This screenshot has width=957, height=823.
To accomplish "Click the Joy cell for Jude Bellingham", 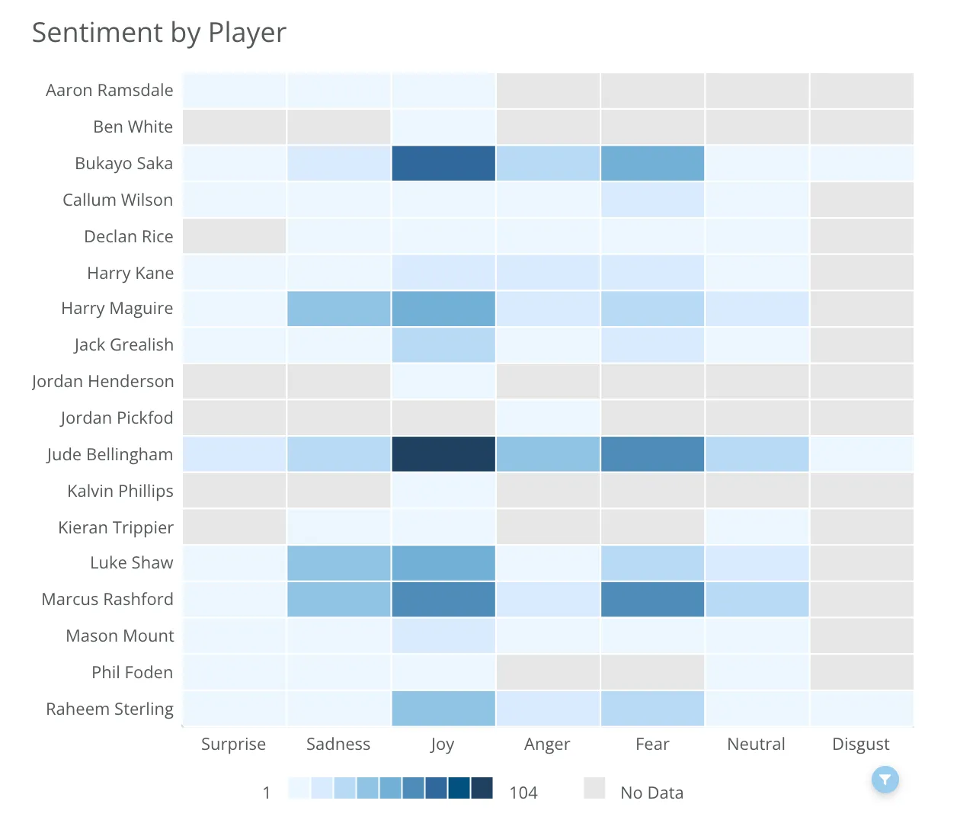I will (443, 454).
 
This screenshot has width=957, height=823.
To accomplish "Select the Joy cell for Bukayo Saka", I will (443, 163).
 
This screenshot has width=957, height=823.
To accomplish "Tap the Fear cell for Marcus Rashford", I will (652, 599).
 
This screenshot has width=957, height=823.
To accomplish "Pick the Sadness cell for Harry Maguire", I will (339, 309).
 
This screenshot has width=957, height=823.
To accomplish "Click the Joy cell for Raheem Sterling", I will (443, 709).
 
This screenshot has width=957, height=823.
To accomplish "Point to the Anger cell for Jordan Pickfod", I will (548, 418).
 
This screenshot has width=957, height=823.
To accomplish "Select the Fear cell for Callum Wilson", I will (652, 200).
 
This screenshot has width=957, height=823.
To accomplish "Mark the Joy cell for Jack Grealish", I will (443, 345).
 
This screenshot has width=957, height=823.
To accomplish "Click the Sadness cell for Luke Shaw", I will (339, 563).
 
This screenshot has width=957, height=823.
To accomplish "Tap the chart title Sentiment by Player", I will (159, 33).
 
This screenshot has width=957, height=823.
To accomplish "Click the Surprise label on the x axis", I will (233, 744).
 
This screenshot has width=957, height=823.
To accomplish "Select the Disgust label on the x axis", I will (860, 744).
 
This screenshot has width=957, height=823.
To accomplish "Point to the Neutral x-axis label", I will (756, 744).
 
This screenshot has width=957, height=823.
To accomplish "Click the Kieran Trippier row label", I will (116, 527).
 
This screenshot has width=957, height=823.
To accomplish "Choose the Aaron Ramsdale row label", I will (110, 90).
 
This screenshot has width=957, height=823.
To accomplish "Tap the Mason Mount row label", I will (120, 636).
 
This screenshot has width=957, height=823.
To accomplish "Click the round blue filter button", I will (885, 779).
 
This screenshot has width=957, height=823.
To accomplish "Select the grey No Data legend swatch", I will (594, 789).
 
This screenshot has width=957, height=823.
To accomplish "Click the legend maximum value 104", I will (523, 793).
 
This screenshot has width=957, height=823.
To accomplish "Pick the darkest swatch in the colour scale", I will (482, 788).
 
